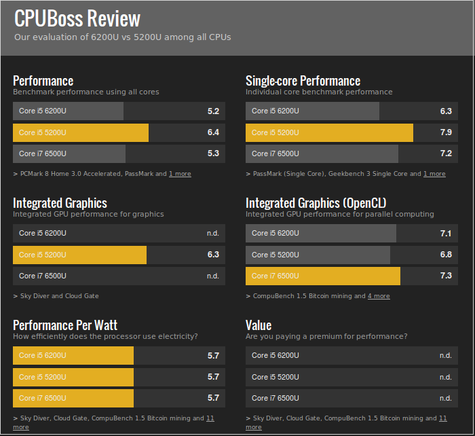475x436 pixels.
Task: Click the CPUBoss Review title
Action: coord(77,18)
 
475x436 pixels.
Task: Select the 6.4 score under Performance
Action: coord(213,132)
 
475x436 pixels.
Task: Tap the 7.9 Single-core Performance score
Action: coord(446,132)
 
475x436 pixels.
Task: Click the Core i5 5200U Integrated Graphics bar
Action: coord(79,255)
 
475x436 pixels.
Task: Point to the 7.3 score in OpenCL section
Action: coord(446,276)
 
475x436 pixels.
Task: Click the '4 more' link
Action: coord(379,296)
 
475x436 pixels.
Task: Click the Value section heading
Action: coord(259,325)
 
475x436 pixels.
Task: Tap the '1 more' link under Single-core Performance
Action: coord(434,174)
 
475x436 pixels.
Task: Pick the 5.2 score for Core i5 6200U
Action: coord(213,111)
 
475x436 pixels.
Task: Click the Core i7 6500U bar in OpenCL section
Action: coord(323,276)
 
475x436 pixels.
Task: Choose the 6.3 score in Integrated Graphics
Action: coord(213,255)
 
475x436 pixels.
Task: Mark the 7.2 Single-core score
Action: coord(446,153)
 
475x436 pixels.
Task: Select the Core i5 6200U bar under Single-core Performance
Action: coord(312,111)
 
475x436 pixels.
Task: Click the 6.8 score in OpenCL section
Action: coord(446,255)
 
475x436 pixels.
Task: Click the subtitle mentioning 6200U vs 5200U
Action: coord(122,37)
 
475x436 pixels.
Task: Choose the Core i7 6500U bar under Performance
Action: coord(69,153)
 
